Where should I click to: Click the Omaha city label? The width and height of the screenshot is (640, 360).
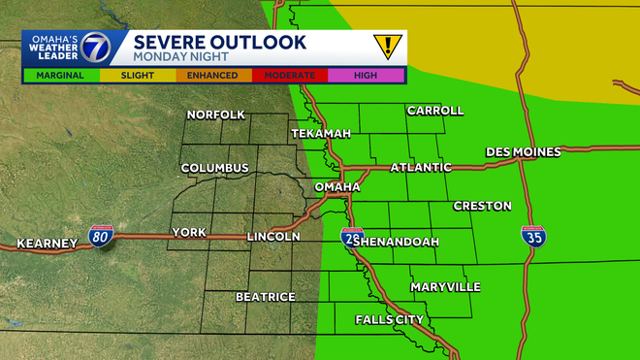(337, 186)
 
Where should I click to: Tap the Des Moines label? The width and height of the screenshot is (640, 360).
(524, 152)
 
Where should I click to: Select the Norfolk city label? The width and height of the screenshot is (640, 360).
(216, 115)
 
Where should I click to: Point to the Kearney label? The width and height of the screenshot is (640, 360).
(47, 243)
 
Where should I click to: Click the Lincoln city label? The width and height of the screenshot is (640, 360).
(273, 236)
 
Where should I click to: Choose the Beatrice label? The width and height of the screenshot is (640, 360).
(265, 296)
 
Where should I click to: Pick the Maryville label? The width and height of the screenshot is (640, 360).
(445, 287)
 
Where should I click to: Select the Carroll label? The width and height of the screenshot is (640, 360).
(435, 111)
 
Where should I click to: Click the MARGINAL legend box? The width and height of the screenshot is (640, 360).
(59, 75)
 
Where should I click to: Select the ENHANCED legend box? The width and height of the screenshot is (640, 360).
(212, 75)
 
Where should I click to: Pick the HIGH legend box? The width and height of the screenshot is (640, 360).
(366, 75)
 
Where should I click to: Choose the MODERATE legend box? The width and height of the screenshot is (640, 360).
(289, 75)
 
